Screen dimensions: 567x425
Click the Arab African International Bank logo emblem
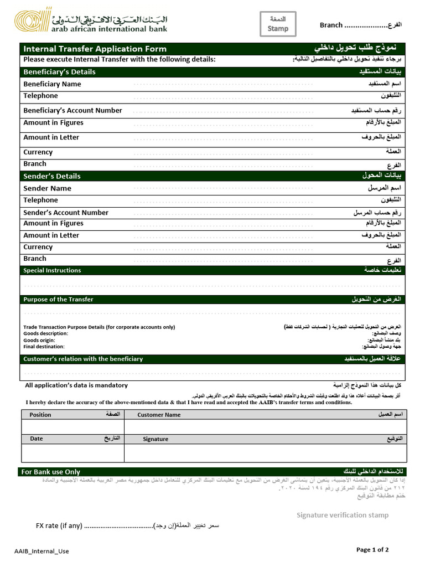pos(32,22)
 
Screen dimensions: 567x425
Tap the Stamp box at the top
pos(278,24)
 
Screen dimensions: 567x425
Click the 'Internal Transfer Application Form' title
pos(95,49)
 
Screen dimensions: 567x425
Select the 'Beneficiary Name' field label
pos(52,84)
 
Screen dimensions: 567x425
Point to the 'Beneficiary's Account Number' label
pos(72,110)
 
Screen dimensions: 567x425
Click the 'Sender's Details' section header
pos(51,176)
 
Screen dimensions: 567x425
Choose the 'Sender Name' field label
pos(47,188)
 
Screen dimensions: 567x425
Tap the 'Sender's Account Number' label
pos(66,213)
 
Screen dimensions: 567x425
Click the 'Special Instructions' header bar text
pos(52,270)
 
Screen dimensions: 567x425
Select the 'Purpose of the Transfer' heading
pos(58,300)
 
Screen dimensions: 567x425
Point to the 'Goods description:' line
pos(45,333)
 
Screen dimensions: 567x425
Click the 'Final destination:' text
pos(44,347)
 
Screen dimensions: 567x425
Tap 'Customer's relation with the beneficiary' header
pos(83,359)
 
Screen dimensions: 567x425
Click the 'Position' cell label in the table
pos(40,415)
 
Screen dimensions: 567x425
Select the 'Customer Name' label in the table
pos(159,415)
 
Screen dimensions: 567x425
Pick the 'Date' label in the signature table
pos(36,439)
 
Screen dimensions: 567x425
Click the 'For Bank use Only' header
pos(50,472)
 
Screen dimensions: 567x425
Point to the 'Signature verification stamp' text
pos(342,515)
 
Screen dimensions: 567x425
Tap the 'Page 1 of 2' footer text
pos(372,550)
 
